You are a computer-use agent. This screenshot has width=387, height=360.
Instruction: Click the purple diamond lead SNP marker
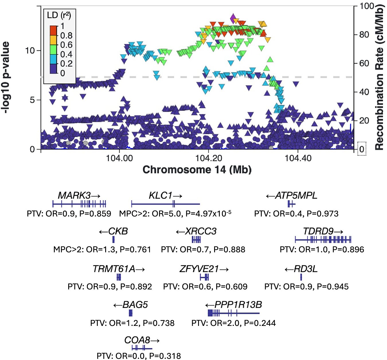tap(233, 18)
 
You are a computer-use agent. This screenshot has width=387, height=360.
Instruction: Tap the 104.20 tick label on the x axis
tap(208, 158)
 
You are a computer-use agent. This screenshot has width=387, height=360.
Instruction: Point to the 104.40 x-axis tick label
tap(298, 158)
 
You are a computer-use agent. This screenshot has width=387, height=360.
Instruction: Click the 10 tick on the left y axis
tap(30, 51)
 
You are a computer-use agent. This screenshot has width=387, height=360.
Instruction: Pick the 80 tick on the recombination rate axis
tap(364, 35)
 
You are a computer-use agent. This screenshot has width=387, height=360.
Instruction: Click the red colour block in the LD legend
tap(53, 30)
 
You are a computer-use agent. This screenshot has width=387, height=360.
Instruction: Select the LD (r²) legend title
tap(59, 15)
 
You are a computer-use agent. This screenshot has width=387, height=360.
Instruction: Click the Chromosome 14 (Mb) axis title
tap(197, 170)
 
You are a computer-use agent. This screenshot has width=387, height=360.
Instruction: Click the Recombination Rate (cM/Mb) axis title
tap(379, 77)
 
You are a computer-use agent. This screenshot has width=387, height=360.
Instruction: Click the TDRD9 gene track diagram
tap(323, 239)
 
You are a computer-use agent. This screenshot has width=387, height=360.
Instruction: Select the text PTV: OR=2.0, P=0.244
tap(233, 323)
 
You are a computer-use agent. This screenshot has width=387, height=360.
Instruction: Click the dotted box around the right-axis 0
tap(362, 149)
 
